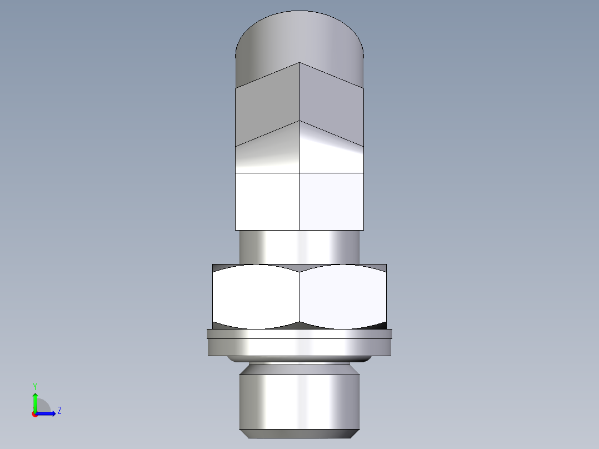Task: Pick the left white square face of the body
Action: pyautogui.click(x=267, y=201)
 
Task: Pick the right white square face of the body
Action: pyautogui.click(x=332, y=201)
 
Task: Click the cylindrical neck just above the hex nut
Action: pyautogui.click(x=299, y=246)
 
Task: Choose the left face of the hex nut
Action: pyautogui.click(x=256, y=296)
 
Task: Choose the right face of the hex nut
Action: pyautogui.click(x=343, y=296)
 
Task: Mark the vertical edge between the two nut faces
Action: pyautogui.click(x=299, y=296)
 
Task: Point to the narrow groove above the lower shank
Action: pyautogui.click(x=299, y=367)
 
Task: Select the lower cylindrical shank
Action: pyautogui.click(x=299, y=400)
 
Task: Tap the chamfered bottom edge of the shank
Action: pyautogui.click(x=299, y=433)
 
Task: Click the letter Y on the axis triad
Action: pyautogui.click(x=34, y=386)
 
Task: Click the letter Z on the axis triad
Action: pyautogui.click(x=59, y=411)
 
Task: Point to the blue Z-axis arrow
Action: pyautogui.click(x=47, y=413)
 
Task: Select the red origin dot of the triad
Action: pyautogui.click(x=34, y=414)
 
